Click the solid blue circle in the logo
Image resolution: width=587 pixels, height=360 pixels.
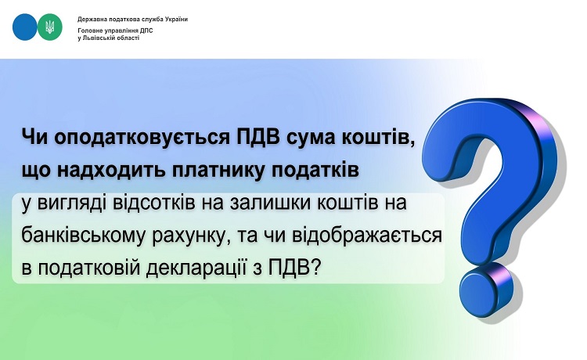(25, 27)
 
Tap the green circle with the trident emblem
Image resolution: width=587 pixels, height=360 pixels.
(50, 27)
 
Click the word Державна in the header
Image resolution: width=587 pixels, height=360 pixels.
(89, 19)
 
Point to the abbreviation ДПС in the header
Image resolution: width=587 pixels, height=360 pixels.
(146, 31)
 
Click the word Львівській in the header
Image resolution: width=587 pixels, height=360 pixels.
(99, 38)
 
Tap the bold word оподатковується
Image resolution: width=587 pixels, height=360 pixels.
(142, 138)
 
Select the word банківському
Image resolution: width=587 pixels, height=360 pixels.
(82, 236)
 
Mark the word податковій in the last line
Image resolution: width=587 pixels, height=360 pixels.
(89, 268)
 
